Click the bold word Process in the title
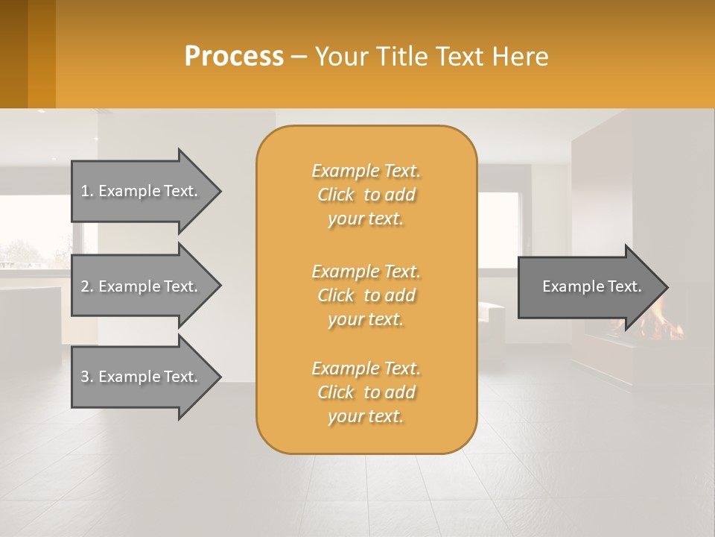(x=234, y=57)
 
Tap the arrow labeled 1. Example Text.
(x=142, y=191)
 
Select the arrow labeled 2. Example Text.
(x=142, y=286)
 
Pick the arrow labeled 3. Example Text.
(x=142, y=377)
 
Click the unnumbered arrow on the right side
(x=588, y=286)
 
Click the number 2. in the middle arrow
(x=86, y=286)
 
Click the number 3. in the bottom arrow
(x=86, y=377)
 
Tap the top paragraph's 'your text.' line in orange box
(x=366, y=219)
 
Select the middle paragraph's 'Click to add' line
(x=366, y=295)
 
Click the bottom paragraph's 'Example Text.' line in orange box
(x=366, y=368)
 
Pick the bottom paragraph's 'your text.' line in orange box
(x=366, y=417)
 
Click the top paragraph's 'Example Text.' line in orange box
(x=366, y=171)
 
